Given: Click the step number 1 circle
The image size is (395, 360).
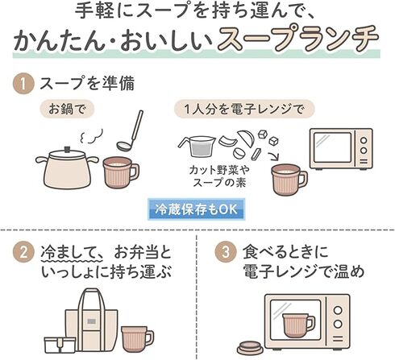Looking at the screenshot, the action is coord(23,84).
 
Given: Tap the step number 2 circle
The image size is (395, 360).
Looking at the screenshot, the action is coord(23,252).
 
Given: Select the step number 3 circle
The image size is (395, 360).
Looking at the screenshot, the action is coord(226,252).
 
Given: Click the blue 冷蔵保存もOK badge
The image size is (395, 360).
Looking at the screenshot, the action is coord(197,209).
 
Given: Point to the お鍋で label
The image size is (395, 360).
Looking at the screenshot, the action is coord(67,110).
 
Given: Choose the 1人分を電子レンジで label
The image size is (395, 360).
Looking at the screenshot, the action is coord(244,110).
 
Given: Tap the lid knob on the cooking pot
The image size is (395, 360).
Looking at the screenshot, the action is coord(67,149).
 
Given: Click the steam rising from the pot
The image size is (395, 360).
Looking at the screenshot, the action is coord(90,136).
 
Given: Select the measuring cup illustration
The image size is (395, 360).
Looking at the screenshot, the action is coord(197,147).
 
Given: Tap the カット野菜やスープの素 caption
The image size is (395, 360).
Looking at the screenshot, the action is coord(219,176).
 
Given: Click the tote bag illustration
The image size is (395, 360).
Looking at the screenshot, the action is coord(91,320).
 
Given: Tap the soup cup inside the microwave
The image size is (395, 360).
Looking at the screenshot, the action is coord(298,325).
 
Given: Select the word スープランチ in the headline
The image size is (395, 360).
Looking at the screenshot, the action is coord(297,39).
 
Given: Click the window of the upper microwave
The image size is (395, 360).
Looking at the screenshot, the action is coord(333,147).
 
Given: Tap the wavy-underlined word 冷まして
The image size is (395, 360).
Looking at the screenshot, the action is coord(72,253).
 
